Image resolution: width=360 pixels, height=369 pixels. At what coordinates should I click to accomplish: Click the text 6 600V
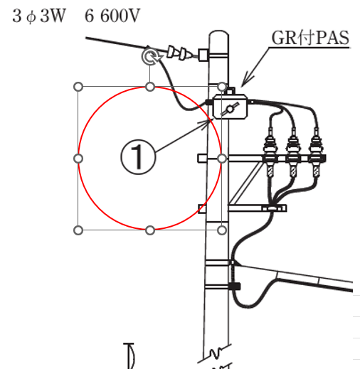coord(112,16)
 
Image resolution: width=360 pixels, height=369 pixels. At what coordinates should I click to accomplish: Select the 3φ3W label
coord(38,16)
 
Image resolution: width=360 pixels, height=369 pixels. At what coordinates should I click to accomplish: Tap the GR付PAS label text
coord(310,38)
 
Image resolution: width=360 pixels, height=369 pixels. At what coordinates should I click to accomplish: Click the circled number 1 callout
coord(138,157)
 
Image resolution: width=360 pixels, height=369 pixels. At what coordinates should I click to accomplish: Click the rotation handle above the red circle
coord(150,56)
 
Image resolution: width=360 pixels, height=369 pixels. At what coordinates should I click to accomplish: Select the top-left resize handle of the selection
coord(78,87)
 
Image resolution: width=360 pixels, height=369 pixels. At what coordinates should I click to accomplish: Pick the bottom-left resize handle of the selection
coord(78,230)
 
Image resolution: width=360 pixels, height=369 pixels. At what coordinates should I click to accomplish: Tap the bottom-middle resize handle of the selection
coord(150,230)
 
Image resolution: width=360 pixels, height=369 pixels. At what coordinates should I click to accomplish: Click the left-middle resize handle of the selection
coord(78,159)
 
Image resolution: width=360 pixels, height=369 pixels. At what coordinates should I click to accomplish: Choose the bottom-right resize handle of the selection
coord(222,230)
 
